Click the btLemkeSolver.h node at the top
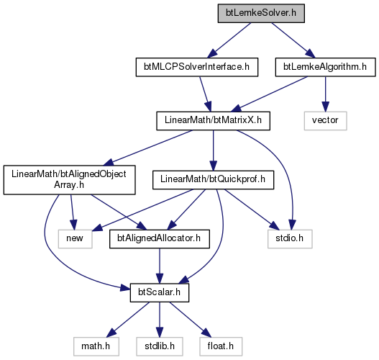pyautogui.click(x=261, y=13)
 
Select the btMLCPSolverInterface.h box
pyautogui.click(x=197, y=67)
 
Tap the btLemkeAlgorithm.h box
pyautogui.click(x=325, y=67)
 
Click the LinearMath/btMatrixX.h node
pyautogui.click(x=213, y=121)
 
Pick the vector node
pyautogui.click(x=325, y=121)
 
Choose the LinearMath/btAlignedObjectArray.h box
pyautogui.click(x=69, y=180)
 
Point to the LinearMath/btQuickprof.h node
pyautogui.click(x=213, y=180)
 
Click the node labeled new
pyautogui.click(x=76, y=239)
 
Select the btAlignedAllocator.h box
pyautogui.click(x=160, y=239)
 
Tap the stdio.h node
pyautogui.click(x=290, y=239)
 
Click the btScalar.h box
pyautogui.click(x=160, y=293)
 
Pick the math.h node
pyautogui.click(x=96, y=346)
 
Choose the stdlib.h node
pyautogui.click(x=160, y=346)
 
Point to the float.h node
pyautogui.click(x=221, y=346)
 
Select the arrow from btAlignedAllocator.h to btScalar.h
pyautogui.click(x=160, y=266)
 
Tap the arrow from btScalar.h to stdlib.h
pyautogui.click(x=160, y=320)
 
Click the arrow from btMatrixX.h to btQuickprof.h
pyautogui.click(x=213, y=150)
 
